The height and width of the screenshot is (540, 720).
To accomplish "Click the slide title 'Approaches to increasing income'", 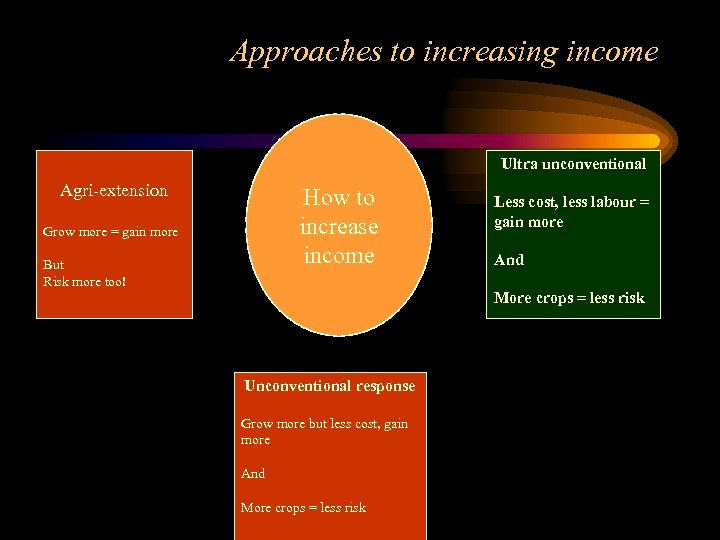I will click(444, 52).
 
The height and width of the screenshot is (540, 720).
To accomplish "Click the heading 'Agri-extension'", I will click(114, 190).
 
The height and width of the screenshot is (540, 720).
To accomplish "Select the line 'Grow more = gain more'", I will click(110, 232).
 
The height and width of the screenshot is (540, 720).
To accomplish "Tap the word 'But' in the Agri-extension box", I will click(53, 265).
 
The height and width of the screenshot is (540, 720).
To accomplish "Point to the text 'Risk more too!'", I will click(84, 281).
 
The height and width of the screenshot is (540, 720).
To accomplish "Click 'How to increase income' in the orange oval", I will click(338, 227).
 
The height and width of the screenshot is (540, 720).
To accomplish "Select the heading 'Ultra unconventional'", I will click(573, 164).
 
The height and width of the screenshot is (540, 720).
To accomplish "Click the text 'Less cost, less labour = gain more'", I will click(571, 212).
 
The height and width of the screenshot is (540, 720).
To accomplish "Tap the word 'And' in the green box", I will click(509, 260).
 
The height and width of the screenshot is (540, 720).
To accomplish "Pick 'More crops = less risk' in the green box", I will click(569, 298).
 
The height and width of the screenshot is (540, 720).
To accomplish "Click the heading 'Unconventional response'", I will click(330, 385).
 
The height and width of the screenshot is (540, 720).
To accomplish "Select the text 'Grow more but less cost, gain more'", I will click(324, 431).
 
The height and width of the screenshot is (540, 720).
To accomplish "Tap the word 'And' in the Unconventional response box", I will click(253, 474).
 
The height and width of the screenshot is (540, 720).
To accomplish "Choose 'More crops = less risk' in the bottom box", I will click(303, 508).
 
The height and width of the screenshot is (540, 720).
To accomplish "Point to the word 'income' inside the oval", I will click(338, 256).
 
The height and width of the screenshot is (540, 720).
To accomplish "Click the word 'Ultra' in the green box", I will click(519, 164).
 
